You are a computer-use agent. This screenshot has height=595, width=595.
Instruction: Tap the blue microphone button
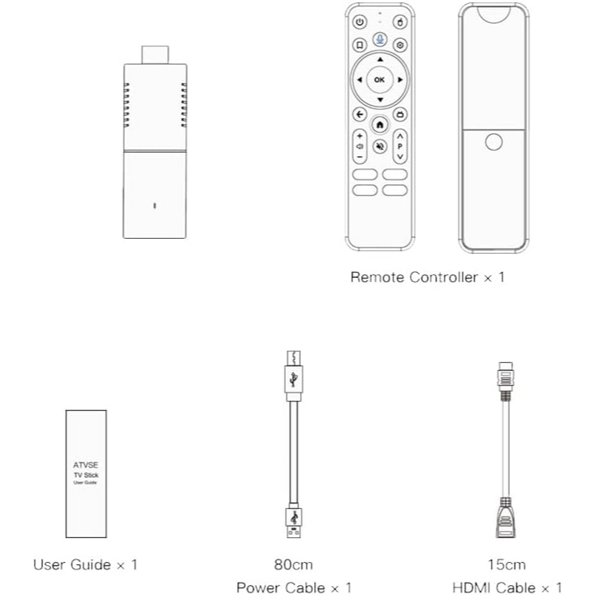pos(379,40)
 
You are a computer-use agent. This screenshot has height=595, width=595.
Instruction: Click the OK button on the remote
pos(379,79)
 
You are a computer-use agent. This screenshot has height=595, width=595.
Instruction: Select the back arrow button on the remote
pos(359,114)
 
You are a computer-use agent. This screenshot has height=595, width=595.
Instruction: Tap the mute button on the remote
pos(379,146)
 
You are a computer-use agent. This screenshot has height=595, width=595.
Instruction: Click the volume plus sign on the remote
pos(359,136)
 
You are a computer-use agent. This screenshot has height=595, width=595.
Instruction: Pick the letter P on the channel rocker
pos(400,146)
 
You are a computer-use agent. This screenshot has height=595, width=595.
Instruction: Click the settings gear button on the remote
pos(400,45)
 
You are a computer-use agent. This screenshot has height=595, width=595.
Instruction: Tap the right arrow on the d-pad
pos(400,79)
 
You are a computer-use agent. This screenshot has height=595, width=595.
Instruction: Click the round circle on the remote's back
pos(493,142)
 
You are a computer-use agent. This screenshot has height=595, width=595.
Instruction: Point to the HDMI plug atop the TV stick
pos(155,55)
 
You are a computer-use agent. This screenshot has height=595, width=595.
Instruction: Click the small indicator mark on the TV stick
pos(155,206)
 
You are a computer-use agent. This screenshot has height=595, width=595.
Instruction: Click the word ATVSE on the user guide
pos(86,464)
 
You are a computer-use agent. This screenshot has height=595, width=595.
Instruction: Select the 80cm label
pos(293,564)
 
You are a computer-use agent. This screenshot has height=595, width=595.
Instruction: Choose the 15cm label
pos(507,564)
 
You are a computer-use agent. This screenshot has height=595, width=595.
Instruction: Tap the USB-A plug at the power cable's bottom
pos(293,521)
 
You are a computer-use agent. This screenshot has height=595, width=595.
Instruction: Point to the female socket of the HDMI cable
pos(506,518)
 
